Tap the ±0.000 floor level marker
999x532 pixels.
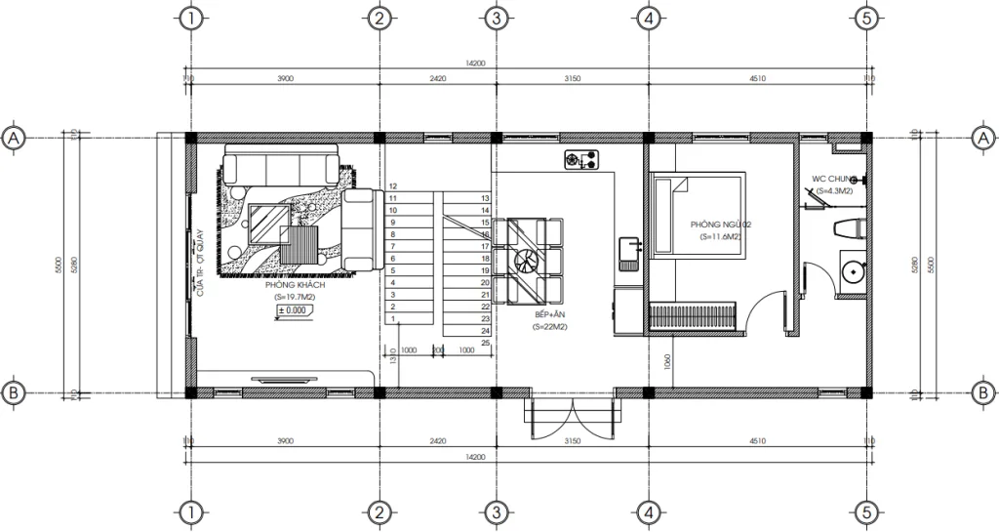293,310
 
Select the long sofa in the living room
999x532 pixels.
280,165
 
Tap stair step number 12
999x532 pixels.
393,185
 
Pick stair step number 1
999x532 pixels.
393,318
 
